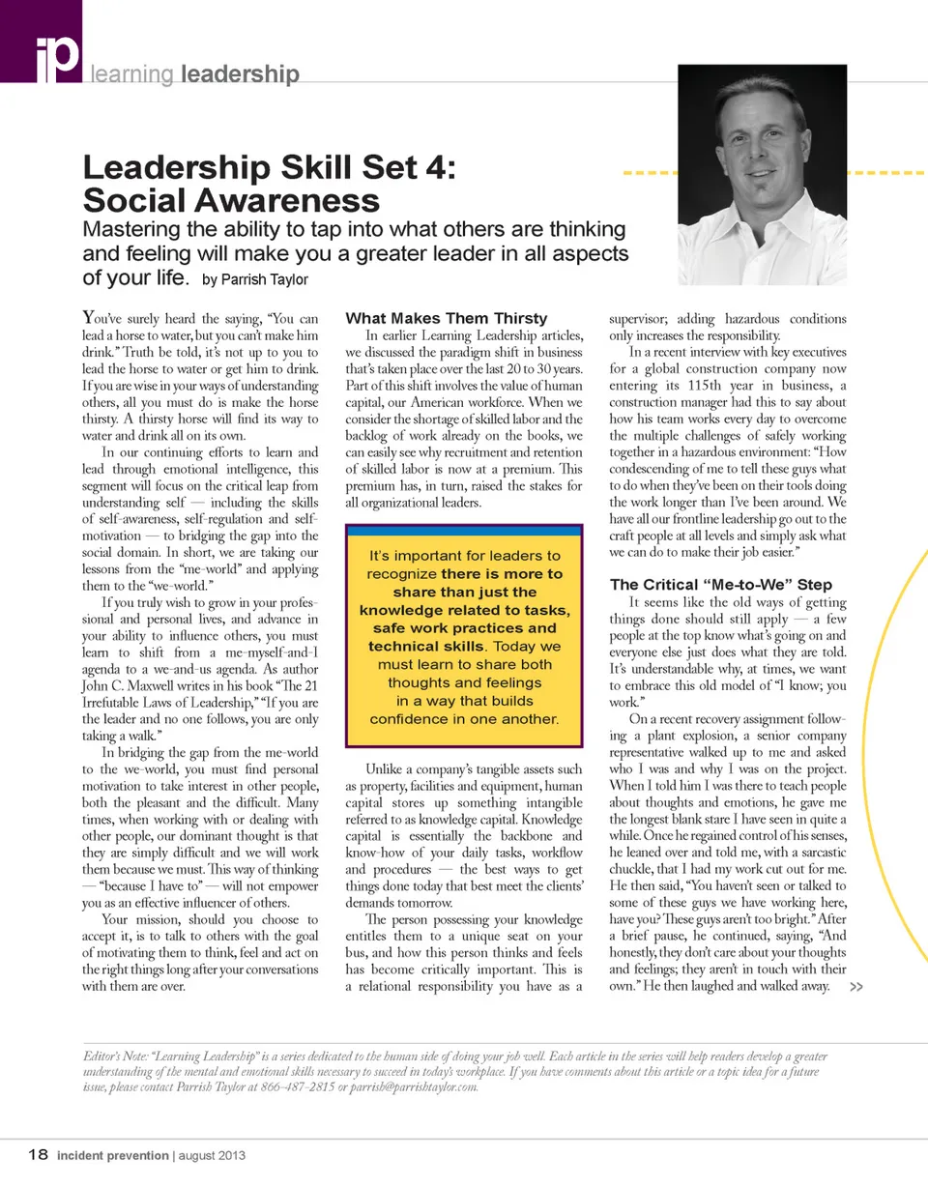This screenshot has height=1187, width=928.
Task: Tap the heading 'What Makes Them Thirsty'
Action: coord(447,318)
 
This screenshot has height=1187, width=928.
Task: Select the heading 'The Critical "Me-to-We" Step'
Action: coord(721,584)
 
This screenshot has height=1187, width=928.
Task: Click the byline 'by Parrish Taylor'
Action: coord(255,280)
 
